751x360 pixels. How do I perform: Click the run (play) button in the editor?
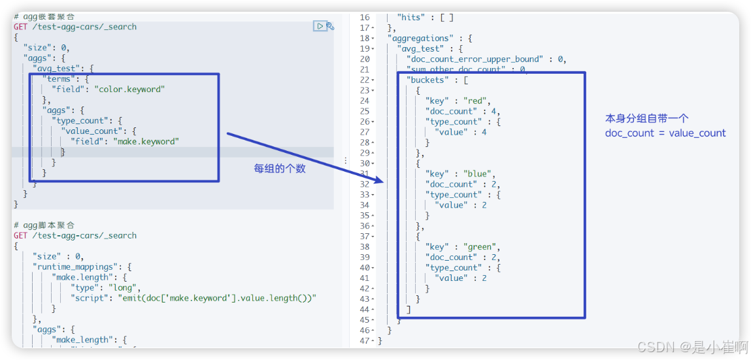[x=319, y=26]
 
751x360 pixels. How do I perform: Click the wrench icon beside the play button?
[x=330, y=26]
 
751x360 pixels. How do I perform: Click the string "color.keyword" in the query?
[x=129, y=90]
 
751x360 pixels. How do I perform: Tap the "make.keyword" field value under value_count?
[x=146, y=141]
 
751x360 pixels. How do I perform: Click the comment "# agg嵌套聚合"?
[x=44, y=16]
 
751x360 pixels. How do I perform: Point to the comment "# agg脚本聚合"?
[x=44, y=225]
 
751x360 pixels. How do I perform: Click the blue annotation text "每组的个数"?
[x=280, y=169]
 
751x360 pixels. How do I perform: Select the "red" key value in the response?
[x=475, y=101]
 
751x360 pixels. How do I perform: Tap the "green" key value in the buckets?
[x=480, y=247]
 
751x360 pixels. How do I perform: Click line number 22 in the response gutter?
[x=364, y=80]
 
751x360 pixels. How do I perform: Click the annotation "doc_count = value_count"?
[x=665, y=133]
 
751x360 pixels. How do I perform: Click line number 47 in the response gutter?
[x=364, y=340]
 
